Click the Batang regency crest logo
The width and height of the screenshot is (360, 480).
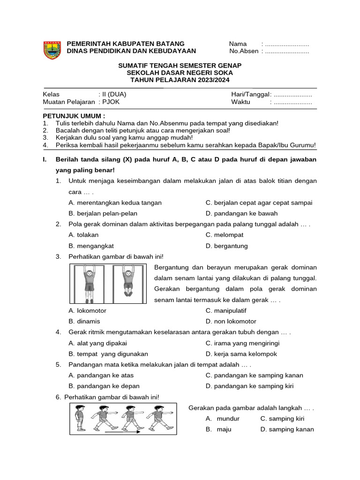pyautogui.click(x=52, y=50)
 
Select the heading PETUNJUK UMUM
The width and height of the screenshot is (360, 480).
pyautogui.click(x=74, y=115)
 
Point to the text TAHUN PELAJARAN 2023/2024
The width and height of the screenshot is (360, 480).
pyautogui.click(x=180, y=80)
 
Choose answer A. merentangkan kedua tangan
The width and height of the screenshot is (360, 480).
pyautogui.click(x=115, y=202)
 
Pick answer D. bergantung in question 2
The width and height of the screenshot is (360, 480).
pyautogui.click(x=226, y=246)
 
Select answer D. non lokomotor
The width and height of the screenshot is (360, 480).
pyautogui.click(x=231, y=322)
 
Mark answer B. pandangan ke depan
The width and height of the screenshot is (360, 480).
pyautogui.click(x=104, y=386)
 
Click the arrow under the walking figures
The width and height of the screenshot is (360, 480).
pyautogui.click(x=122, y=432)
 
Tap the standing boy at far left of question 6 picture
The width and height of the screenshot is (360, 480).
pyautogui.click(x=80, y=418)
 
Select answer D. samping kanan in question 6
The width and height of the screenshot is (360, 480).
pyautogui.click(x=287, y=429)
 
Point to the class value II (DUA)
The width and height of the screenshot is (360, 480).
pyautogui.click(x=112, y=94)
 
